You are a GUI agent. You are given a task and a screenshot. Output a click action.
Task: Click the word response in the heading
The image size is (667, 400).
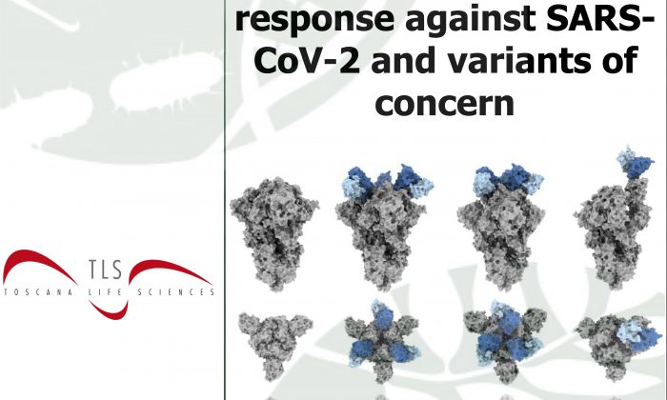[x=314, y=19]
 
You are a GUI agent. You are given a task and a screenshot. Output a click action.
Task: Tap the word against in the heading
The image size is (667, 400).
[x=470, y=19]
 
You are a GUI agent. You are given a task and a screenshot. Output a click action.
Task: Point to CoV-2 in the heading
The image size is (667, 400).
[x=307, y=59]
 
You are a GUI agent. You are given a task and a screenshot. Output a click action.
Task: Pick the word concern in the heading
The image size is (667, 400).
[x=445, y=103]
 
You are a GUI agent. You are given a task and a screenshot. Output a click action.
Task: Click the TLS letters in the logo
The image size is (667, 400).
[x=105, y=270]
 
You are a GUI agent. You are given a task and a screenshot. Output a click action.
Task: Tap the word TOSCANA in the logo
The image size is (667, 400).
[x=38, y=292]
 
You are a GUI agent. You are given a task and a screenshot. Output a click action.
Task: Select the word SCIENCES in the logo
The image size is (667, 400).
[x=176, y=292]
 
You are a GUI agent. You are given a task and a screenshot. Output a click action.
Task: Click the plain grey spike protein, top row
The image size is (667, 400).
[x=274, y=233]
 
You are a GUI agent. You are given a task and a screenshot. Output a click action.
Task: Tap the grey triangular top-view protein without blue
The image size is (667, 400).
[x=274, y=345]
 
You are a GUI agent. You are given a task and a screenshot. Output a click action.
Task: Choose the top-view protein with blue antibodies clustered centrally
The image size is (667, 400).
[x=504, y=340]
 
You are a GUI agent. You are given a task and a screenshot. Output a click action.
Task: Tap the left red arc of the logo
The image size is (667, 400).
[x=40, y=266]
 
